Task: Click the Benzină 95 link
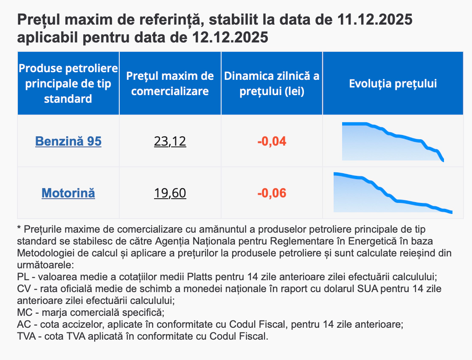pyautogui.click(x=68, y=141)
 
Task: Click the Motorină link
pyautogui.click(x=68, y=194)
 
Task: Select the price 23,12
pyautogui.click(x=170, y=141)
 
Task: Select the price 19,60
pyautogui.click(x=170, y=194)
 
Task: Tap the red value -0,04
pyautogui.click(x=272, y=141)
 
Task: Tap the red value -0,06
pyautogui.click(x=272, y=194)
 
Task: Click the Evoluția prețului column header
pyautogui.click(x=393, y=84)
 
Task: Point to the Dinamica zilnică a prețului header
pyautogui.click(x=272, y=84)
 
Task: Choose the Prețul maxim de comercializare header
pyautogui.click(x=170, y=84)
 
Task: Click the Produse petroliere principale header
pyautogui.click(x=68, y=84)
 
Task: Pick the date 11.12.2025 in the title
pyautogui.click(x=375, y=20)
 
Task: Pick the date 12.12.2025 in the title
pyautogui.click(x=230, y=37)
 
